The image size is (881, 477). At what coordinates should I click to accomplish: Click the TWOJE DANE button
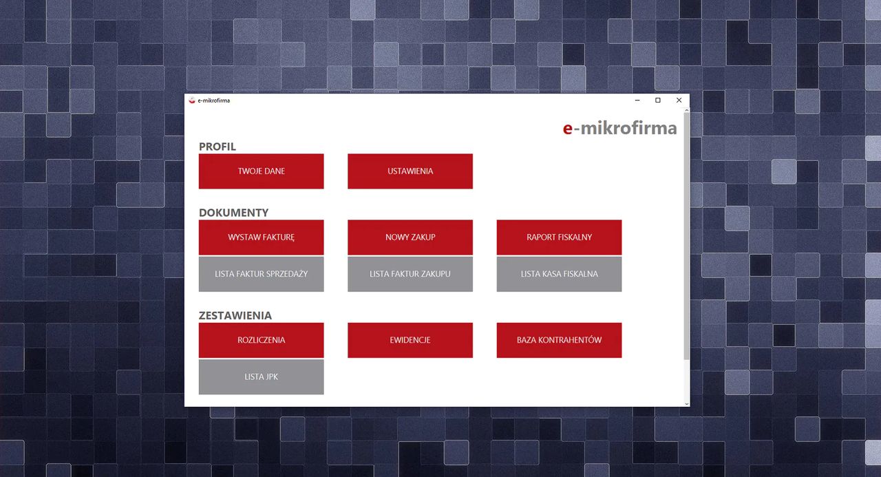[261, 171]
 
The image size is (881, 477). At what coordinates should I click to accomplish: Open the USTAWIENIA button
[410, 171]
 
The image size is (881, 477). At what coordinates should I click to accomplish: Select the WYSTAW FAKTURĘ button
[261, 237]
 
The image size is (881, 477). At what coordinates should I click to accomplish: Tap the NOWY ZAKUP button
[410, 237]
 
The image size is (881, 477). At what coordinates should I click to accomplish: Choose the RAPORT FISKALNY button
[560, 237]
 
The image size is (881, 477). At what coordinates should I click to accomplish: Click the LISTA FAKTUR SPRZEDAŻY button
[261, 274]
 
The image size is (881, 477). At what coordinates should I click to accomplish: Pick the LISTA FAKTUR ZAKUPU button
[410, 274]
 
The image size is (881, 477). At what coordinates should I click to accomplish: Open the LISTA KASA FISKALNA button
[560, 274]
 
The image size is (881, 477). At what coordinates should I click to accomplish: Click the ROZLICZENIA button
[261, 340]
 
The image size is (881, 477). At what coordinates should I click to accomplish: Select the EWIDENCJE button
[410, 340]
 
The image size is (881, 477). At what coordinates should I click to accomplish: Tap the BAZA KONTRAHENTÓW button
[560, 340]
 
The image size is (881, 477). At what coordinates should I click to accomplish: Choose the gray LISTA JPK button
[261, 377]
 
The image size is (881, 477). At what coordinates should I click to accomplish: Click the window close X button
[679, 100]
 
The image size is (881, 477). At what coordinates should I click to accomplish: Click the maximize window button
[657, 100]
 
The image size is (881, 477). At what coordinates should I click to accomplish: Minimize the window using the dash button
[637, 100]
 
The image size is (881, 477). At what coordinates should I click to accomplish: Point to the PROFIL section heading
[217, 147]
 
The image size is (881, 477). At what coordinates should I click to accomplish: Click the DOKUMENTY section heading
[233, 213]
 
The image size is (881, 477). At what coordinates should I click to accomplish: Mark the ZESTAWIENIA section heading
[235, 315]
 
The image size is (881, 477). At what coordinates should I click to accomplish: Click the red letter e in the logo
[568, 129]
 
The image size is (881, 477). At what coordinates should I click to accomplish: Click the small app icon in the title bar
[192, 100]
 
